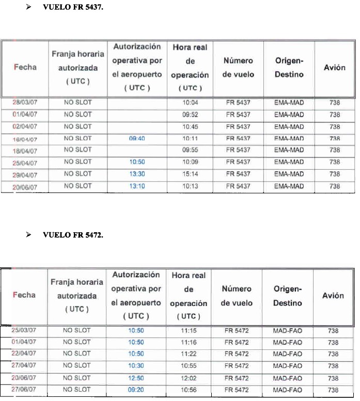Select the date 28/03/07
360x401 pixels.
click(x=25, y=103)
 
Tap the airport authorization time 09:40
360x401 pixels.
click(x=136, y=138)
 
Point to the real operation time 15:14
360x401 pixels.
click(x=190, y=174)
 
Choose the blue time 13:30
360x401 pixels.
click(x=136, y=174)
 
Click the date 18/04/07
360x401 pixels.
click(x=25, y=150)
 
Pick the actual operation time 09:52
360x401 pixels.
click(x=190, y=115)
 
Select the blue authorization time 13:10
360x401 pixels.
click(x=136, y=186)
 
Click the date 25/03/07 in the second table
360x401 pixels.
click(x=25, y=330)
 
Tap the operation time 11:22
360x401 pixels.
click(x=189, y=354)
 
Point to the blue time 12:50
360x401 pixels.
click(x=136, y=378)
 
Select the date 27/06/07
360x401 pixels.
click(x=25, y=390)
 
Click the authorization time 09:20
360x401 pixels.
click(x=136, y=390)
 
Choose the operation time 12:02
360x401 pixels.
click(x=189, y=378)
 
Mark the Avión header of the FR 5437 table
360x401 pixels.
click(x=334, y=68)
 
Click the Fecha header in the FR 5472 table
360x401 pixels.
click(x=25, y=295)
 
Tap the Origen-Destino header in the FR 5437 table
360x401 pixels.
click(x=289, y=68)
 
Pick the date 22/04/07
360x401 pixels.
click(x=25, y=354)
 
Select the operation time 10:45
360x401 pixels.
click(x=190, y=126)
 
